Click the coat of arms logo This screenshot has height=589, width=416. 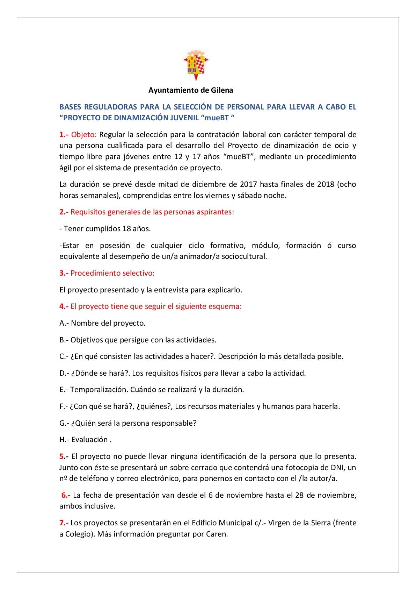pos(196,65)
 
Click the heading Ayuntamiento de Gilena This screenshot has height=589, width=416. pos(191,90)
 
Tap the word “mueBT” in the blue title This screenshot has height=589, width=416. pos(216,118)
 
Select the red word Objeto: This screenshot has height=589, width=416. pos(84,135)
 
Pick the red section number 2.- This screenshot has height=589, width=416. pos(64,212)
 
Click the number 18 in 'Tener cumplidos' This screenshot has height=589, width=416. pos(126,229)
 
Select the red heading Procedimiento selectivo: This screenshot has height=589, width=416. pos(112,273)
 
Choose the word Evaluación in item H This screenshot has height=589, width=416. pos(89,440)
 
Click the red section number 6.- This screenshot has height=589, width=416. pos(66,495)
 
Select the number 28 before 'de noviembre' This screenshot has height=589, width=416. pos(299,495)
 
